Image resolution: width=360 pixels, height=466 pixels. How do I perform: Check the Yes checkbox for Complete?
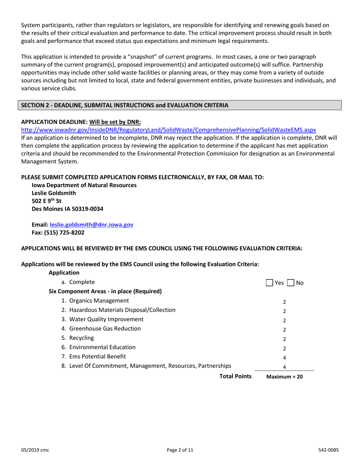click(x=269, y=283)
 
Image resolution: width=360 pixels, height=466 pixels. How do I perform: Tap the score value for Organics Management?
click(x=284, y=302)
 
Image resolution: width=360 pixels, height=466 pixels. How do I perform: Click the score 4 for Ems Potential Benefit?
click(x=284, y=357)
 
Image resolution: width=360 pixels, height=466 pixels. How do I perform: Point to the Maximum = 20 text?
click(x=285, y=377)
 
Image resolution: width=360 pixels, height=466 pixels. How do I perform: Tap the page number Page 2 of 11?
click(x=180, y=450)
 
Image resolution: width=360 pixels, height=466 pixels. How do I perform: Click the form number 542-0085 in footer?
click(x=328, y=450)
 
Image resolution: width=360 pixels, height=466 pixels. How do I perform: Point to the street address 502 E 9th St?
click(x=46, y=201)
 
